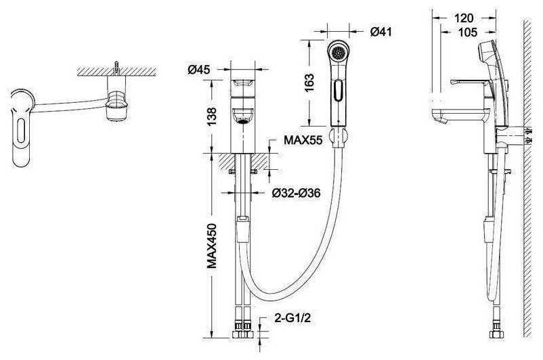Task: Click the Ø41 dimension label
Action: [x=381, y=32]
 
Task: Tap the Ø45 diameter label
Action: [x=199, y=70]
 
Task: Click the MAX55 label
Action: [x=303, y=140]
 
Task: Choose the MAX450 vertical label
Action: [x=212, y=246]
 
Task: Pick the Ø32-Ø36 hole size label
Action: [x=296, y=193]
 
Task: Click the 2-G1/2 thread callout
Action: [x=292, y=318]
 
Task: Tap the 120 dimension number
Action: [x=464, y=18]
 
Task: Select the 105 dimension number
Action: [x=468, y=32]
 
